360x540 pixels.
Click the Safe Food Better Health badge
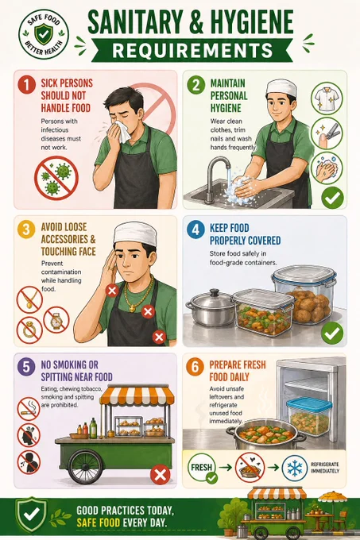tap(44, 34)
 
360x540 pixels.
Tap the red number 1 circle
tap(26, 84)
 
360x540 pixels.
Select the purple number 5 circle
tap(26, 366)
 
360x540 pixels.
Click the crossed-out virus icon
tap(56, 178)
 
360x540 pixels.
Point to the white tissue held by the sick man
tap(122, 130)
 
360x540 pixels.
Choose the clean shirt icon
tap(327, 98)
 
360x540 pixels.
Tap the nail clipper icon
tap(327, 133)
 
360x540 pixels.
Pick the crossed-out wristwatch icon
tap(56, 319)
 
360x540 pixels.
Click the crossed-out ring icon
tap(29, 330)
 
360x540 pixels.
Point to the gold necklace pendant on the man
tap(132, 309)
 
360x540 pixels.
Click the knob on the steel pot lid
tap(215, 293)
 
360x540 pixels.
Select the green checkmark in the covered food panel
tap(332, 333)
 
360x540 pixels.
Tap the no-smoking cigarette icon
tap(29, 409)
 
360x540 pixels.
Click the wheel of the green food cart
tap(85, 467)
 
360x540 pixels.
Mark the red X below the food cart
tap(161, 475)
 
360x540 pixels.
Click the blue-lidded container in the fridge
tap(309, 416)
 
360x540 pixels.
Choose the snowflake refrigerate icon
tap(295, 468)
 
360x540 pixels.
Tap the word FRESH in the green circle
tap(202, 467)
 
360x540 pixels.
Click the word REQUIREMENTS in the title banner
tap(192, 50)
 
